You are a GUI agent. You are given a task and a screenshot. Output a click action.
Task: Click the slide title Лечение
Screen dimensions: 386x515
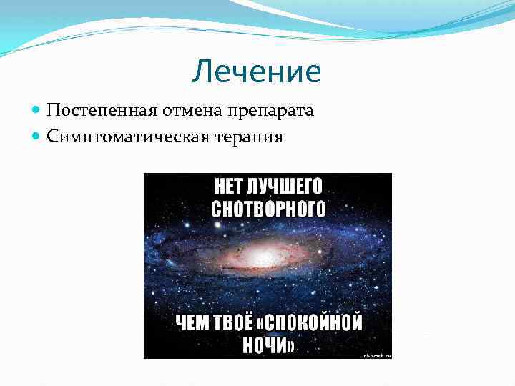(x=257, y=72)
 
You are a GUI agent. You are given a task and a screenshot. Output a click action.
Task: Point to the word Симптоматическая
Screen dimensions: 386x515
(x=115, y=136)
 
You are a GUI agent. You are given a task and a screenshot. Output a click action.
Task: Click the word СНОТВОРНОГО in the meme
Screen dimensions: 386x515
(x=268, y=209)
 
